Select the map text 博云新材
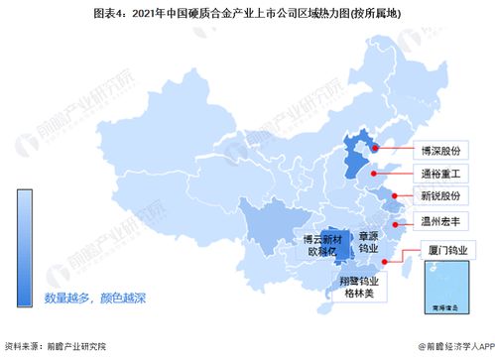[322, 239]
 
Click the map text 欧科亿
[322, 253]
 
